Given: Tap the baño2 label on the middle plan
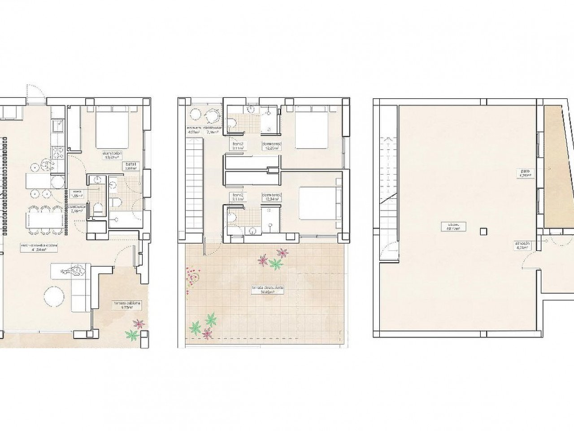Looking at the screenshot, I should tap(237, 198).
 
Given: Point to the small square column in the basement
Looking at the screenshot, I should tap(483, 232).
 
